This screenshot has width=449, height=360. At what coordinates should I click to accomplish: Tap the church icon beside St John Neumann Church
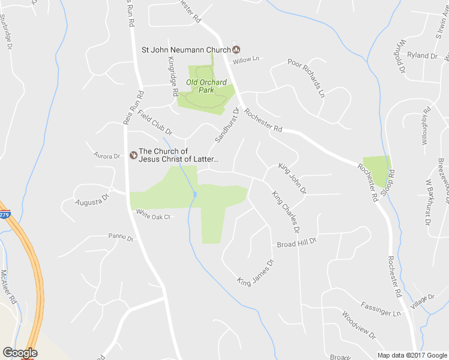pyautogui.click(x=236, y=49)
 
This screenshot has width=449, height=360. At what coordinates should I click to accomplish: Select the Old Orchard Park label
pyautogui.click(x=206, y=86)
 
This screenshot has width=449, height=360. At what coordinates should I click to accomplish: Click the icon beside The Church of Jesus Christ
pyautogui.click(x=133, y=155)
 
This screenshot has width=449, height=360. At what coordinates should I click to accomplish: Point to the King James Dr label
pyautogui.click(x=255, y=272)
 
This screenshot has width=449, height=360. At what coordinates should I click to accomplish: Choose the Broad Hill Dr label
pyautogui.click(x=296, y=242)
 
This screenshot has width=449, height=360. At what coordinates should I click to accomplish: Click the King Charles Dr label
pyautogui.click(x=285, y=212)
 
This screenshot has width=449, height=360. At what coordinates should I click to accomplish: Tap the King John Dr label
pyautogui.click(x=292, y=178)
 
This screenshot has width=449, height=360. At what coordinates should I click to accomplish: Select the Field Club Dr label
pyautogui.click(x=154, y=123)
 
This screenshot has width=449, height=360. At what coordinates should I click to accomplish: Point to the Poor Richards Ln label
pyautogui.click(x=306, y=77)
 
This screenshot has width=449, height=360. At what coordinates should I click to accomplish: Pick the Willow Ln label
pyautogui.click(x=246, y=59)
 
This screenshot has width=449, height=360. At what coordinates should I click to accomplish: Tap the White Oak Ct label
pyautogui.click(x=154, y=214)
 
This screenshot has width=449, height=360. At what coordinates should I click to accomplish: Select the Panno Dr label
pyautogui.click(x=121, y=238)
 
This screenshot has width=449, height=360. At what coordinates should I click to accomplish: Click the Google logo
pyautogui.click(x=20, y=353)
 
